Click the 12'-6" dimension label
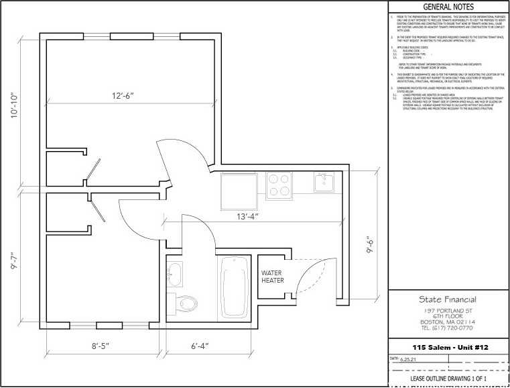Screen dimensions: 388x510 123,95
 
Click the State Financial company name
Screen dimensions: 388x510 448,299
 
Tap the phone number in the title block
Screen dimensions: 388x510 448,329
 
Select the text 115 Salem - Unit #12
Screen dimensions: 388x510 448,346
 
